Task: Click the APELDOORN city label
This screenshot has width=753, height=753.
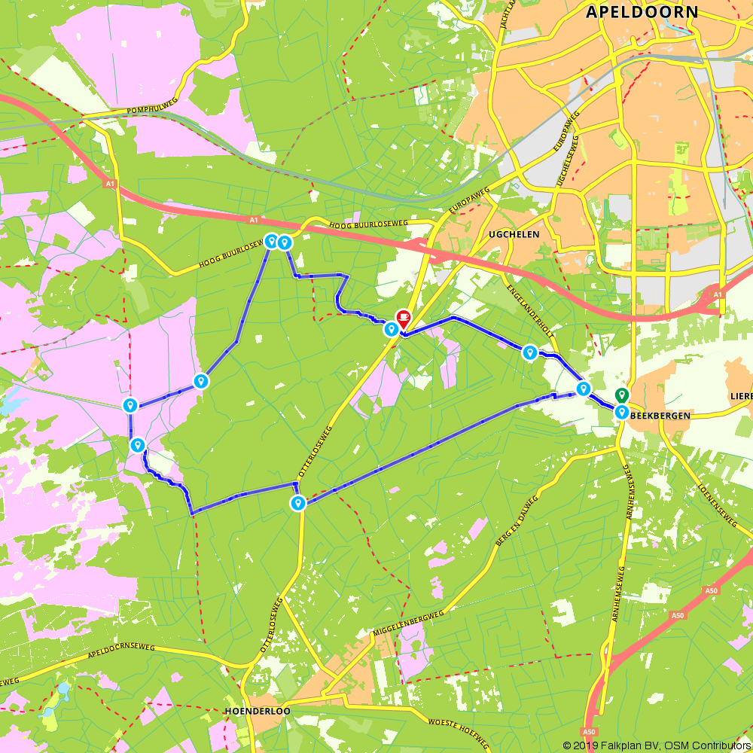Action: (x=642, y=12)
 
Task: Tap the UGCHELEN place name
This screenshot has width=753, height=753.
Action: (x=514, y=234)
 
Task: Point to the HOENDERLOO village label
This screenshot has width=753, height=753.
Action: (x=258, y=711)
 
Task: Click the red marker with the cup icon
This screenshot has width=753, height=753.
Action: (x=404, y=318)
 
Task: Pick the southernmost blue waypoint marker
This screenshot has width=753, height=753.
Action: (x=299, y=503)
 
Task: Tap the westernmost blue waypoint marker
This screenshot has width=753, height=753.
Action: (x=130, y=406)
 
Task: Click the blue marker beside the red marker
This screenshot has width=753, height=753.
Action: (x=391, y=329)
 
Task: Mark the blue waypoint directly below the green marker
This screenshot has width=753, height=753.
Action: (x=622, y=412)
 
